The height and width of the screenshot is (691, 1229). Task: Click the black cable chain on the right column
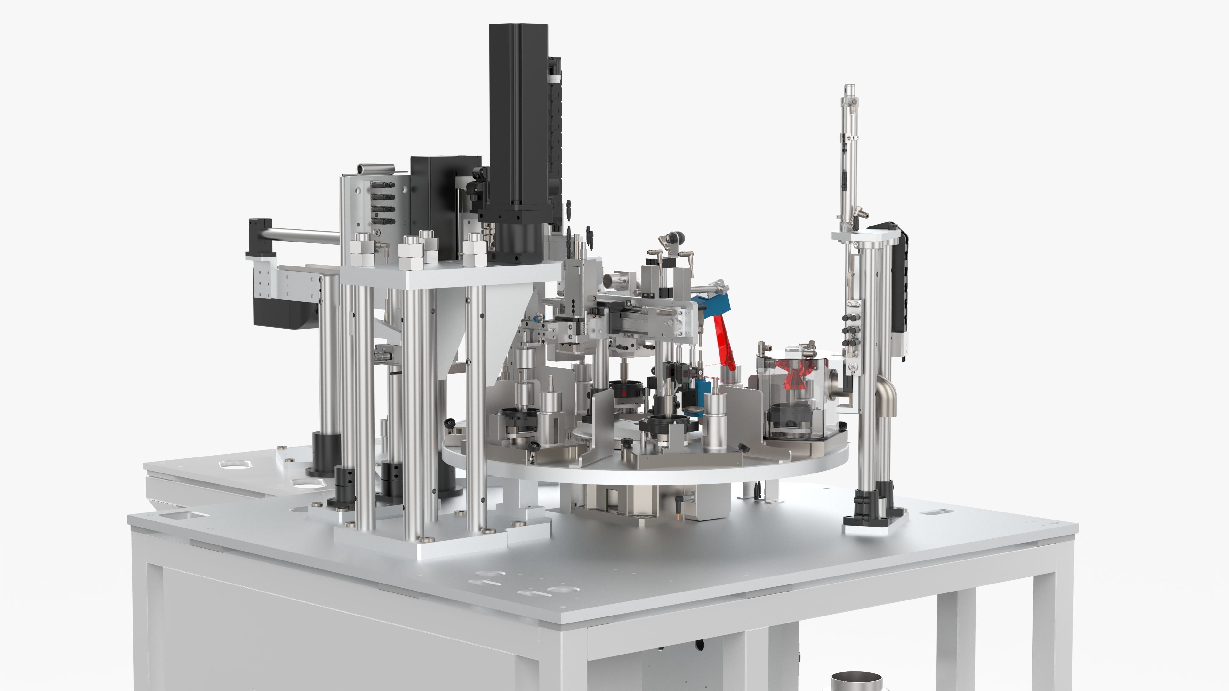pos(899,286)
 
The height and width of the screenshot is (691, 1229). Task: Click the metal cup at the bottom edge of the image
pos(856,682)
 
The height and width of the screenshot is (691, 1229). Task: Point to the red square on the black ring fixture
pos(623,394)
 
